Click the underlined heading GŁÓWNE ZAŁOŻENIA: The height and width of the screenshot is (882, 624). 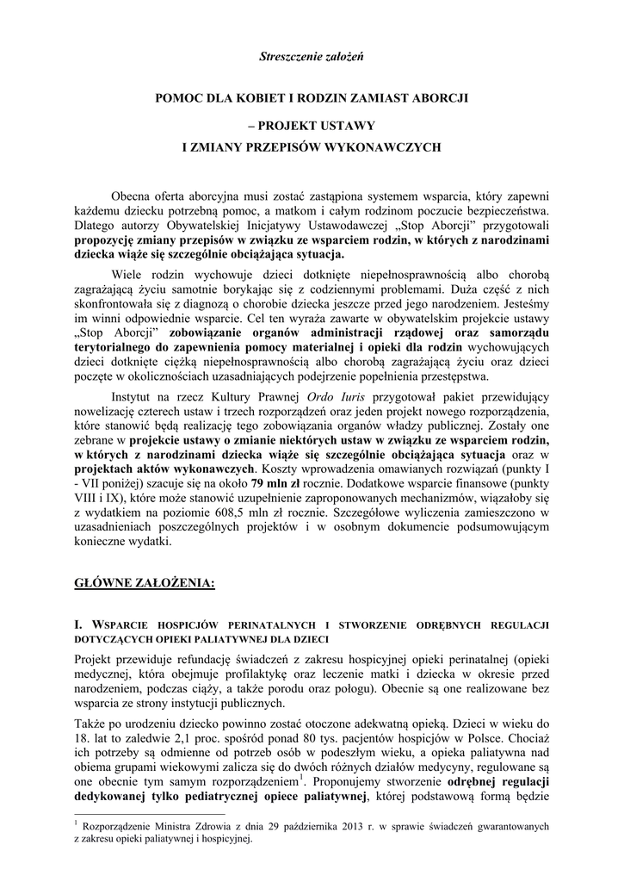(x=144, y=583)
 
